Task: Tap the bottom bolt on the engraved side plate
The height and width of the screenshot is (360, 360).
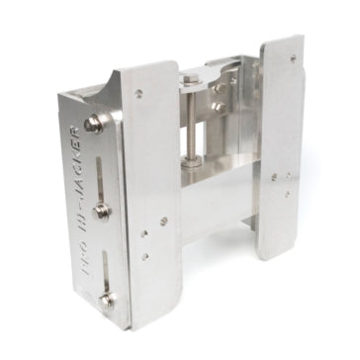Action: [x=108, y=299]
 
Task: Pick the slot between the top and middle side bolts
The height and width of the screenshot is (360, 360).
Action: [x=98, y=168]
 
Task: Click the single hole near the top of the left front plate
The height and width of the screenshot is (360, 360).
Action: [x=138, y=94]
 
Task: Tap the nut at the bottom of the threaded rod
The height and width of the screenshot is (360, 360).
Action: [x=192, y=159]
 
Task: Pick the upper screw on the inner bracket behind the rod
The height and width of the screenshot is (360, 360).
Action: [x=220, y=86]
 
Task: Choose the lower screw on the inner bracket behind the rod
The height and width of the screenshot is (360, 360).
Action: [x=220, y=107]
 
